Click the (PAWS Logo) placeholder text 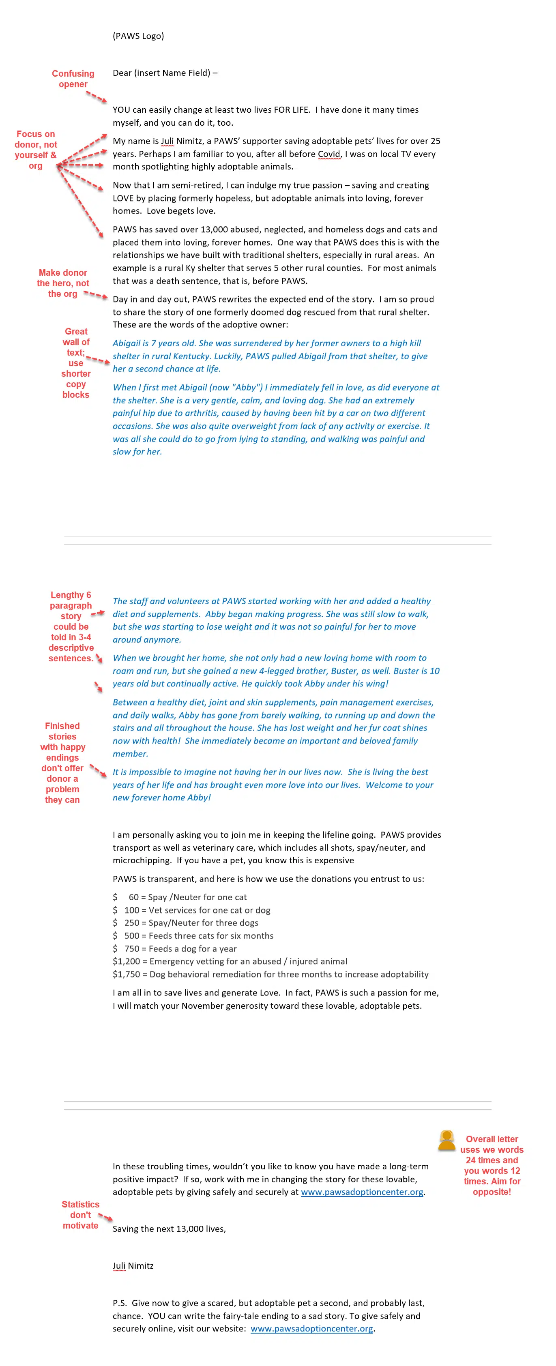pyautogui.click(x=138, y=36)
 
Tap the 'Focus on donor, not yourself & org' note pyautogui.click(x=36, y=150)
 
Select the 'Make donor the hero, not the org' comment pyautogui.click(x=62, y=283)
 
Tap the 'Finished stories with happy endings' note pyautogui.click(x=62, y=763)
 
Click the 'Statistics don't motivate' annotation pyautogui.click(x=80, y=1214)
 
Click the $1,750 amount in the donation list pyautogui.click(x=126, y=974)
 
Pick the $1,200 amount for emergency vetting pyautogui.click(x=126, y=961)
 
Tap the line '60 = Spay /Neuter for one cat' pyautogui.click(x=187, y=897)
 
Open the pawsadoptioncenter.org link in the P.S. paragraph pyautogui.click(x=311, y=1328)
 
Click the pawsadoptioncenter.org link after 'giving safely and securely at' pyautogui.click(x=362, y=1192)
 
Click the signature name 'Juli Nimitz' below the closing pyautogui.click(x=133, y=1266)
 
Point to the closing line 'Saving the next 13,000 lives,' pyautogui.click(x=169, y=1229)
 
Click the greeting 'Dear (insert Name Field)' pyautogui.click(x=165, y=73)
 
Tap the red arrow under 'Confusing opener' pyautogui.click(x=96, y=96)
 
